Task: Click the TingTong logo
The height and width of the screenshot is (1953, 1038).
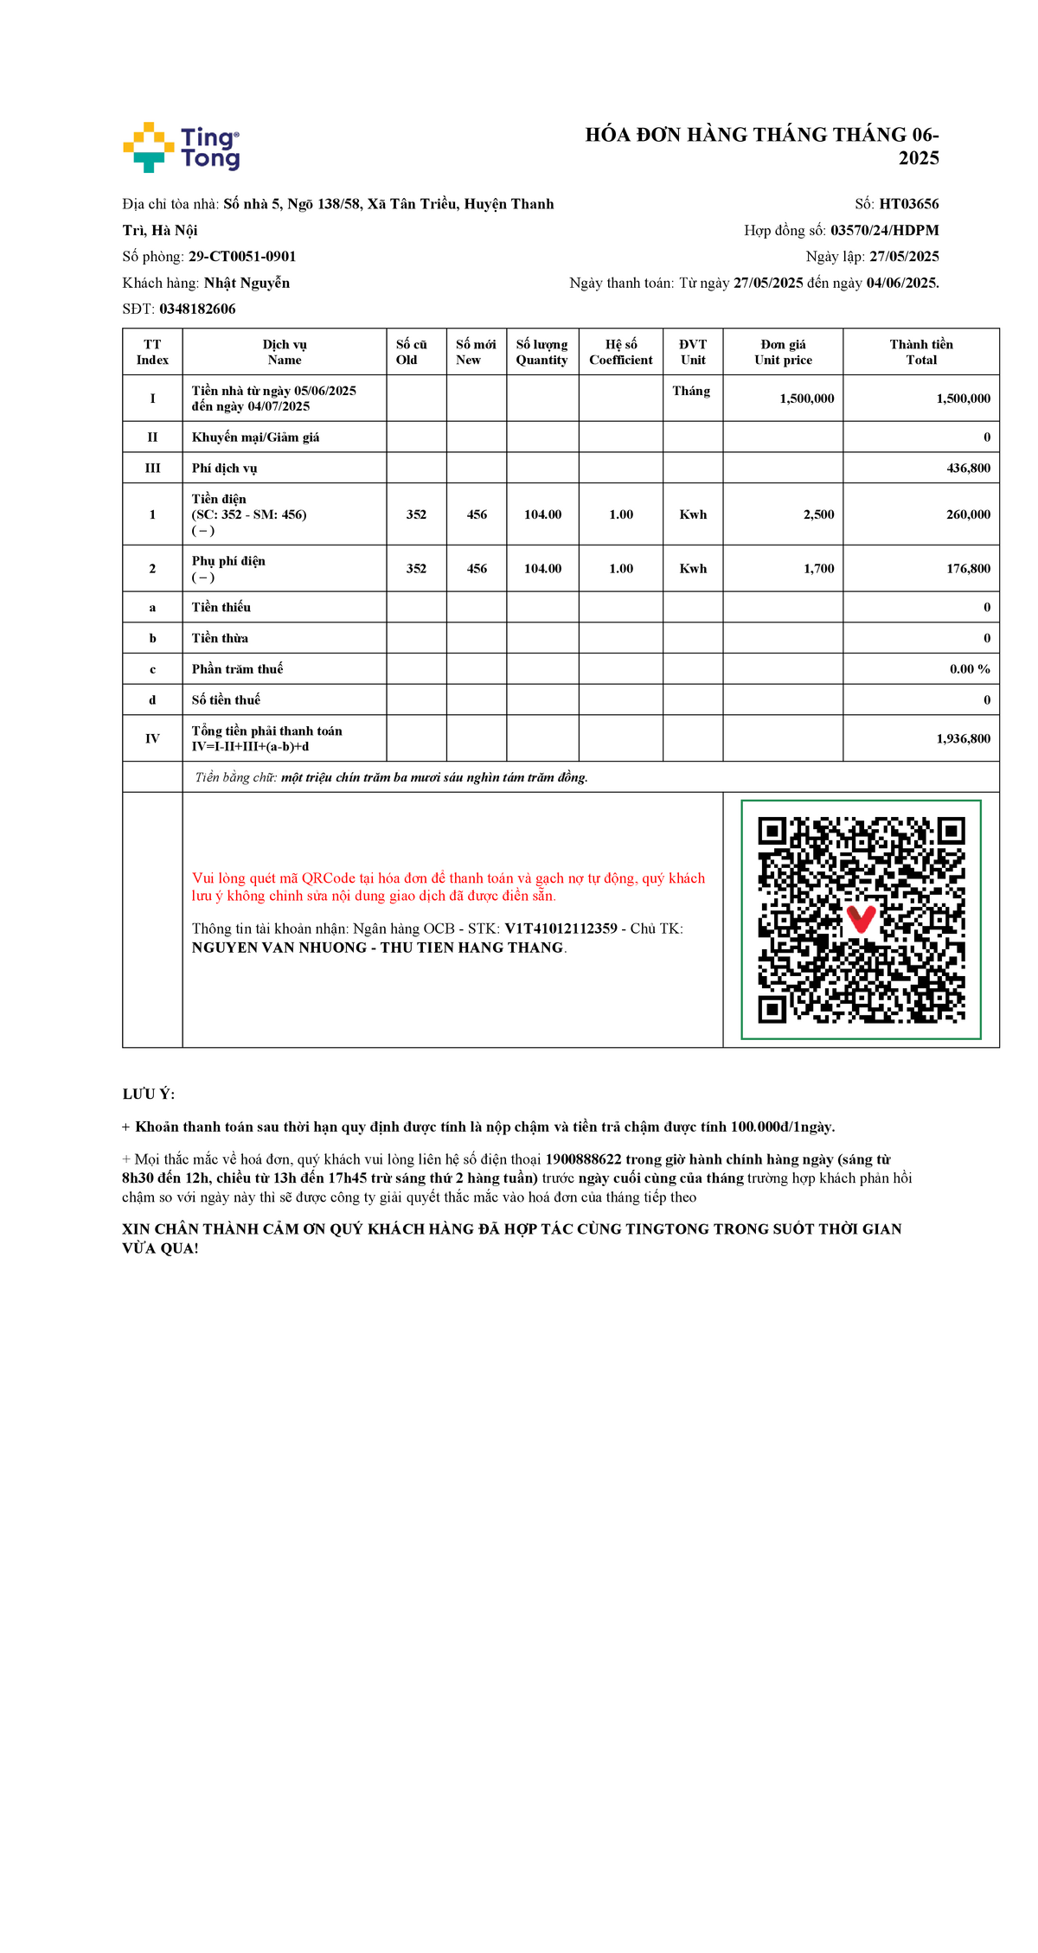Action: [x=182, y=147]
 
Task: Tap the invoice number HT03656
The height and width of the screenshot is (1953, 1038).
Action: [x=908, y=204]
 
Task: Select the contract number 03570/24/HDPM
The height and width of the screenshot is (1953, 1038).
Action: [x=884, y=230]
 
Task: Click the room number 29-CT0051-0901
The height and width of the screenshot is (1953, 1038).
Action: [x=242, y=257]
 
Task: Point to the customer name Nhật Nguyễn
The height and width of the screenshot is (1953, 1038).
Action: [x=247, y=283]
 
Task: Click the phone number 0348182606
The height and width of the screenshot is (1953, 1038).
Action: [x=197, y=309]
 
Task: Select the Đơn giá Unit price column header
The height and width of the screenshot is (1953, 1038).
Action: [x=783, y=352]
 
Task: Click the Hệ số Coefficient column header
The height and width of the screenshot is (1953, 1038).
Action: [x=621, y=352]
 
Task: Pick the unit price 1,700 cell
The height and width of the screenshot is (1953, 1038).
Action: [x=818, y=569]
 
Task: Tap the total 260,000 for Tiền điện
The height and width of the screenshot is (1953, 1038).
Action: [x=968, y=514]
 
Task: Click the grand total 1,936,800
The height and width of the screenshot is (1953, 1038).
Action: [x=963, y=738]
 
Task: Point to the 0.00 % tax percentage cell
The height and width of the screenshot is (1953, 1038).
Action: [x=970, y=669]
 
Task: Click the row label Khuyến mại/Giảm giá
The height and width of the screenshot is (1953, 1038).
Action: [x=255, y=437]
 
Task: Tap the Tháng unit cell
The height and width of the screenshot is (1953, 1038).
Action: [x=691, y=391]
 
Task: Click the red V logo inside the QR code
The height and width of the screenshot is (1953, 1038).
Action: [x=861, y=918]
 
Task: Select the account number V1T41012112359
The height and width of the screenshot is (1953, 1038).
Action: [x=561, y=929]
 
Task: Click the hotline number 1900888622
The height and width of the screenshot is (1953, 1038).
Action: [x=583, y=1159]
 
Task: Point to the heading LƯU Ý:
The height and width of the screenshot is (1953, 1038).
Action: [x=149, y=1095]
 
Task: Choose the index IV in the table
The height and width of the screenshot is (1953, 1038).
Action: [x=152, y=738]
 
